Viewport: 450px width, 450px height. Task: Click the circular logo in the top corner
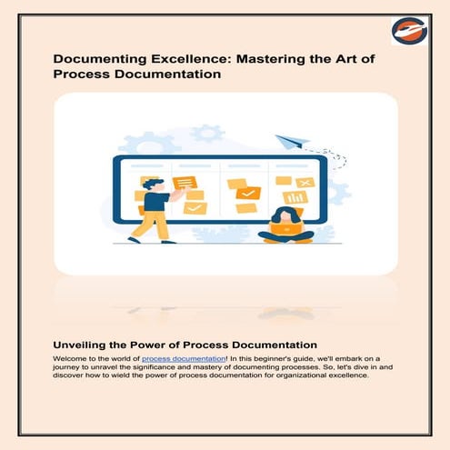coord(409,31)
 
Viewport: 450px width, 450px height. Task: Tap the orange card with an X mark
coord(305,182)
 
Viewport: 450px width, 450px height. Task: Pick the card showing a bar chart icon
coord(295,197)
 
